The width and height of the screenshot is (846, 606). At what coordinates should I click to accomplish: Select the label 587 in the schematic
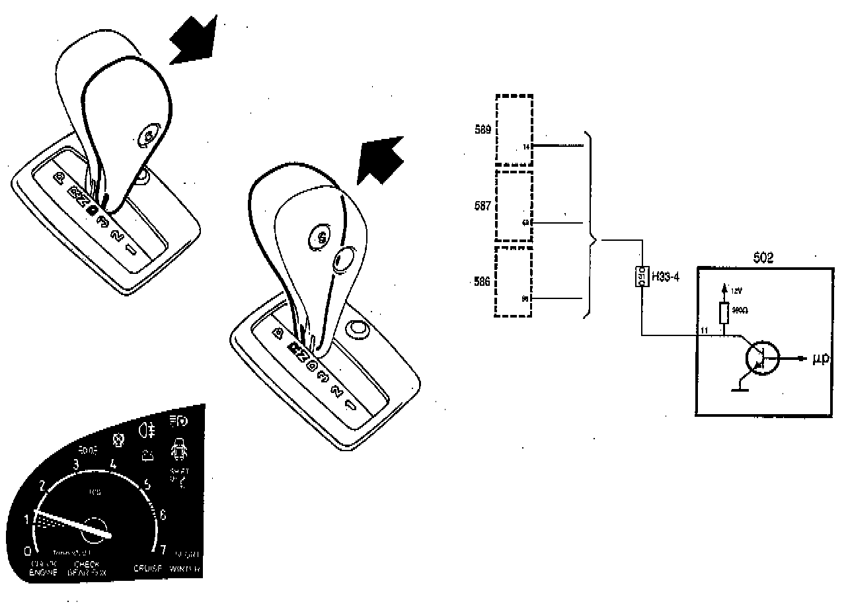tap(482, 206)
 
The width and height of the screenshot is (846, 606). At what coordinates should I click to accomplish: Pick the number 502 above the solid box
tap(763, 259)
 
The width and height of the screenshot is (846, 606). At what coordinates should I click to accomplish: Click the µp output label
tap(820, 359)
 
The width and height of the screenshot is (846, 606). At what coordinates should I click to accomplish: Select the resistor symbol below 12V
tap(724, 314)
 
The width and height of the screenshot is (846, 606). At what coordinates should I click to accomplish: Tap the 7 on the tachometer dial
tap(163, 549)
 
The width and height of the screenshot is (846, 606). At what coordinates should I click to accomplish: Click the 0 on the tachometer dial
tap(27, 550)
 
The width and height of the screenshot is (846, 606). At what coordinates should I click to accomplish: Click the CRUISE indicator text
tap(149, 568)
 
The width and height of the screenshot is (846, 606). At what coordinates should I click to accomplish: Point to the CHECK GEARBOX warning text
tap(86, 568)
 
